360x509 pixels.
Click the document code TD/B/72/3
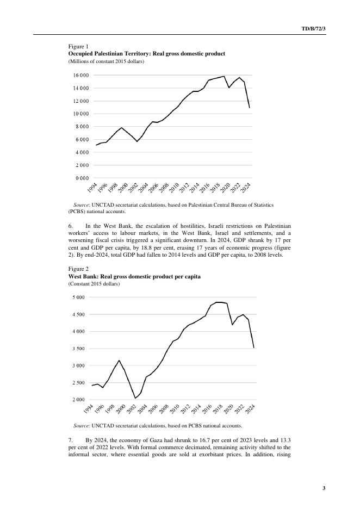[313, 28]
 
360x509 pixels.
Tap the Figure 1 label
[78, 47]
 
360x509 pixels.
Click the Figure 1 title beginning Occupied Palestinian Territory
[146, 54]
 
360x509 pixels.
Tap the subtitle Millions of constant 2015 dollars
[106, 61]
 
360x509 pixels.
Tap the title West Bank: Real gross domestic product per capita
[134, 276]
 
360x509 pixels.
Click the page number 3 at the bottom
[324, 488]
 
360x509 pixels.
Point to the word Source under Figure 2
[82, 425]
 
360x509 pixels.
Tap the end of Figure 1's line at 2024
[250, 108]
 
